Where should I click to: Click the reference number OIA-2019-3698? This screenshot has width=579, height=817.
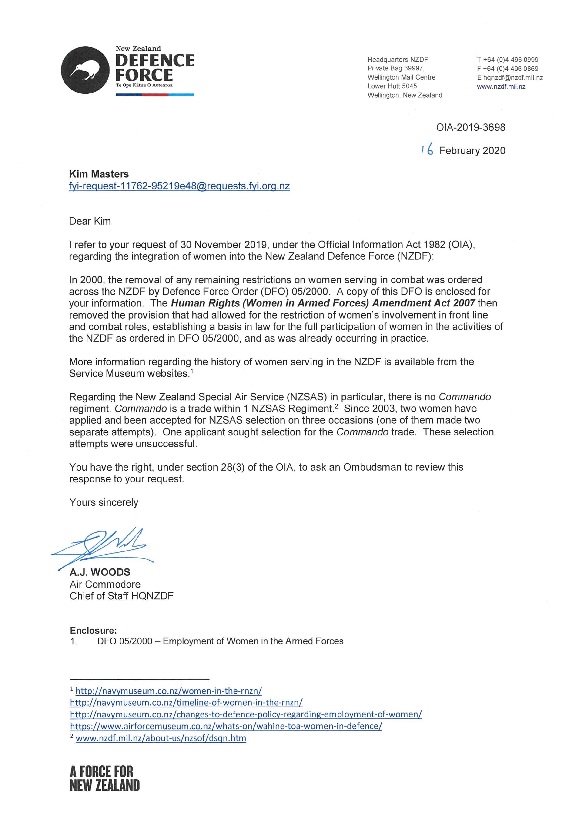click(x=471, y=127)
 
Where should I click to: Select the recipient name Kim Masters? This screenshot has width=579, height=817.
click(x=99, y=174)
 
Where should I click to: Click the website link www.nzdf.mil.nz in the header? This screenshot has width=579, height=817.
click(x=501, y=86)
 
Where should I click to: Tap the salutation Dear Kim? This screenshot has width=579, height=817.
click(x=90, y=221)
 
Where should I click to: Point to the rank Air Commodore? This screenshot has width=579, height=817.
click(x=105, y=584)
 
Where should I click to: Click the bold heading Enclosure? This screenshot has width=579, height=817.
click(x=93, y=631)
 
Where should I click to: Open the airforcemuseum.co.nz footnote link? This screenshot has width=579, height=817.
click(x=226, y=726)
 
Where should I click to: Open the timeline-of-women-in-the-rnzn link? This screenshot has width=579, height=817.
click(x=186, y=703)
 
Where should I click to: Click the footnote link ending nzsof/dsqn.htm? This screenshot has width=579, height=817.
click(x=161, y=738)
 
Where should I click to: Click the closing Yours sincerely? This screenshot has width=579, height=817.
click(x=104, y=502)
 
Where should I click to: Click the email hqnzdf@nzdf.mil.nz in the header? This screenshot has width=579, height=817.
click(x=513, y=77)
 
